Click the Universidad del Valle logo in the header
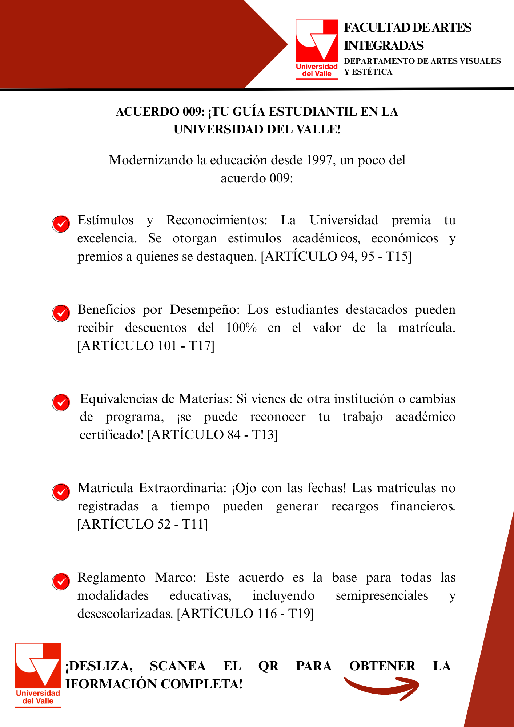pyautogui.click(x=317, y=49)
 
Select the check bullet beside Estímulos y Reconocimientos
pyautogui.click(x=61, y=224)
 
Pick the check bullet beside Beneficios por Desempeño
pyautogui.click(x=61, y=313)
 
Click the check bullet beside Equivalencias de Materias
pyautogui.click(x=61, y=402)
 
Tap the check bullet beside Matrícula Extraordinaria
pyautogui.click(x=61, y=492)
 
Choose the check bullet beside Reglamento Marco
pyautogui.click(x=61, y=581)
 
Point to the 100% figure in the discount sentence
pyautogui.click(x=241, y=328)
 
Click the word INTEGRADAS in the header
pyautogui.click(x=384, y=46)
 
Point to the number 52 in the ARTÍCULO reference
pyautogui.click(x=163, y=524)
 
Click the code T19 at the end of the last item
pyautogui.click(x=300, y=614)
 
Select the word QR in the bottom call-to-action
pyautogui.click(x=268, y=666)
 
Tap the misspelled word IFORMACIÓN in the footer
pyautogui.click(x=111, y=684)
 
